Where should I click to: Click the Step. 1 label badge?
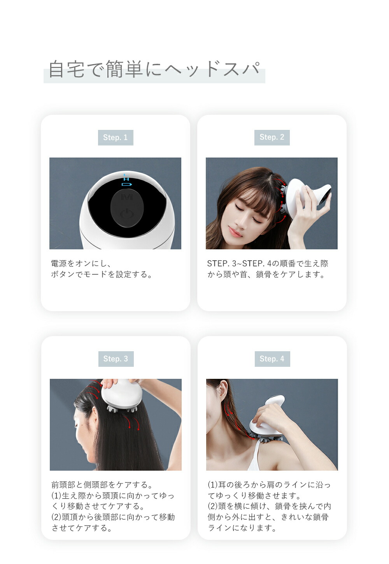point(116,137)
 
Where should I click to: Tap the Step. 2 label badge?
point(272,137)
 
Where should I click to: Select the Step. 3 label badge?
point(116,359)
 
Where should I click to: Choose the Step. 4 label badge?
point(272,359)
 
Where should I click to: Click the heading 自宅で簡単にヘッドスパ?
point(154,69)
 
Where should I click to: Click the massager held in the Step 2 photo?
point(307,199)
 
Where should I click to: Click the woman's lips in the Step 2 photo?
point(235,232)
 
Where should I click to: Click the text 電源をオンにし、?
point(81,264)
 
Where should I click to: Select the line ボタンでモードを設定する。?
point(102,274)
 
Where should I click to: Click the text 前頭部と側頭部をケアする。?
point(102,485)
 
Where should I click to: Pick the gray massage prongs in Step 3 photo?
point(122,408)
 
